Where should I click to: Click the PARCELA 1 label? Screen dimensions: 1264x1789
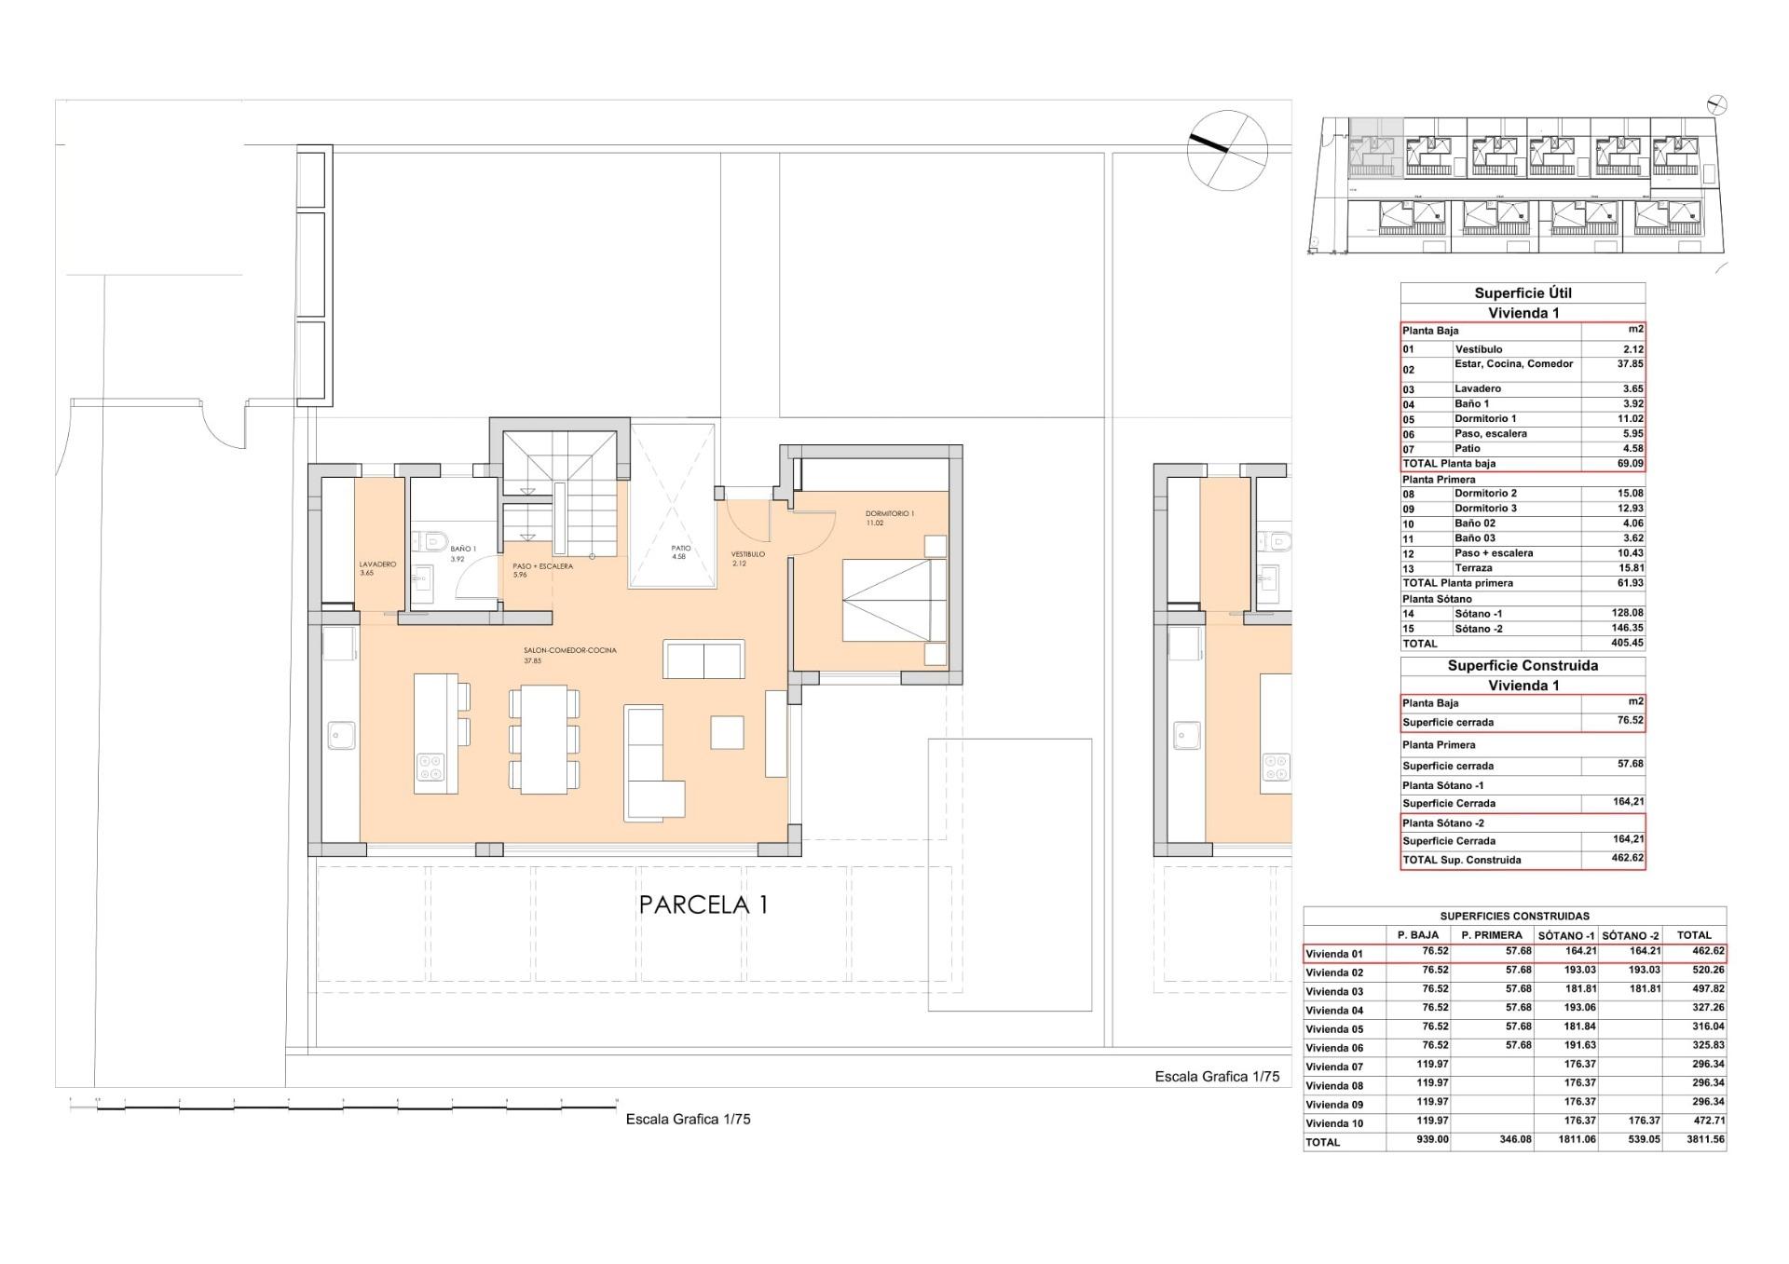coord(703,904)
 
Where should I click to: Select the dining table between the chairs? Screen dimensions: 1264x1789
coord(544,739)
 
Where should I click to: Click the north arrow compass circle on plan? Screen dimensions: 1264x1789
coord(1227,149)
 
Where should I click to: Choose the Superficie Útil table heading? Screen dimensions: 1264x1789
coord(1523,293)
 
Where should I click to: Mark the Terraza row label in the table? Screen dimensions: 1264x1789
coord(1473,568)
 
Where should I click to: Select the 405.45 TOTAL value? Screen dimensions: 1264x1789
coord(1627,644)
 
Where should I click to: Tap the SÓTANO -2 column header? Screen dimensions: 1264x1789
coord(1631,935)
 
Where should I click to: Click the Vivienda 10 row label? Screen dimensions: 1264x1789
coord(1334,1123)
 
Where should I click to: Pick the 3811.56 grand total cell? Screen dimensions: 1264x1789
coord(1694,1139)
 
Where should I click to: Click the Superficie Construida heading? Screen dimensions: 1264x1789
coord(1523,666)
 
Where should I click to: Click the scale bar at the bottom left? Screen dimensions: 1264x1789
coord(343,1106)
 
